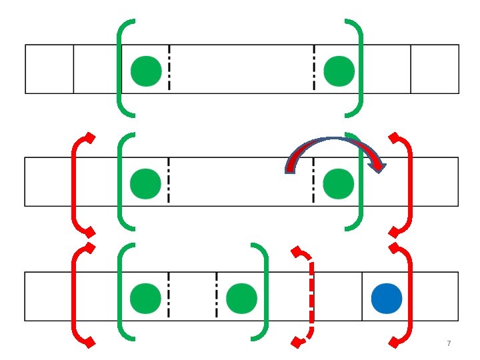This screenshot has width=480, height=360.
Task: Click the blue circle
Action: click(x=387, y=298)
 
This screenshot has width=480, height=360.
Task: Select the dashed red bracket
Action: click(x=309, y=296)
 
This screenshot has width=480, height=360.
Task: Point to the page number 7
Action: click(x=449, y=343)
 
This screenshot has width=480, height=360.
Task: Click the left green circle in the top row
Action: click(x=146, y=71)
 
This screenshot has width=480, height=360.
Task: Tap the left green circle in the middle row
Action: click(x=145, y=184)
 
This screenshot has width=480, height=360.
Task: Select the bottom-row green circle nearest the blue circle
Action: click(x=241, y=298)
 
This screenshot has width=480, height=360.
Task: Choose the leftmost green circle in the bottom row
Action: click(x=145, y=298)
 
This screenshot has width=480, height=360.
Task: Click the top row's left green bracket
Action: click(x=121, y=67)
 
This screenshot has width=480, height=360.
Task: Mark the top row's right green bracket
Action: click(x=361, y=67)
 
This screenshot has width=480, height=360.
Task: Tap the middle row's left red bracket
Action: click(x=75, y=184)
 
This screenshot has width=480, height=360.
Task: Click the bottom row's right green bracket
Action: click(x=265, y=293)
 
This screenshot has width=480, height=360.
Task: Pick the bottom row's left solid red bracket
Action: click(x=75, y=296)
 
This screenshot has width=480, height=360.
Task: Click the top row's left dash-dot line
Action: click(x=169, y=68)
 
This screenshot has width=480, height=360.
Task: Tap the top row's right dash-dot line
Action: click(x=314, y=68)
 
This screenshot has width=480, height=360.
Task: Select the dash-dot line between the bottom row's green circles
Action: click(x=217, y=293)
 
